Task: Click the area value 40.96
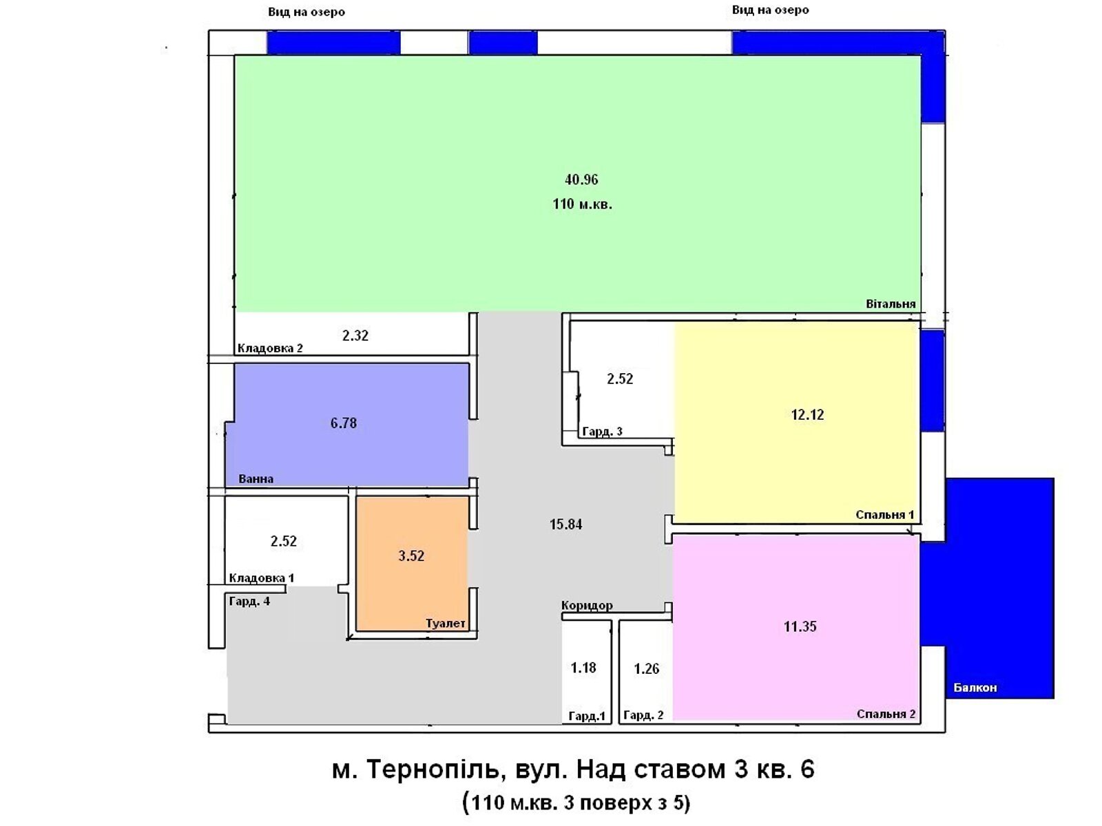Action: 581,180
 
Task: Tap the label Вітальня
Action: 891,304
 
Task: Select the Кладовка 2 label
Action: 270,348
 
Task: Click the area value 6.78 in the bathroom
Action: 343,423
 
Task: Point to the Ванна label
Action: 256,479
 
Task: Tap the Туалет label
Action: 445,624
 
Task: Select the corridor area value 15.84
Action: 565,525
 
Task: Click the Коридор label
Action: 587,606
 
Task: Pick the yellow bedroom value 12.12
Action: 807,414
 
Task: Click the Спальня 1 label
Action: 885,515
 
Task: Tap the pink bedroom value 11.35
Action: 800,626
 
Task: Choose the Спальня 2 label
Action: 886,714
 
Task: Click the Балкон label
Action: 975,688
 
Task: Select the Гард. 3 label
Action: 602,432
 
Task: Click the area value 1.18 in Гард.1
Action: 583,668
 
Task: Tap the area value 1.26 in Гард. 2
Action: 646,668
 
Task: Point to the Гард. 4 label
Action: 249,602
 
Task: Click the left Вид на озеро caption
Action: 306,12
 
